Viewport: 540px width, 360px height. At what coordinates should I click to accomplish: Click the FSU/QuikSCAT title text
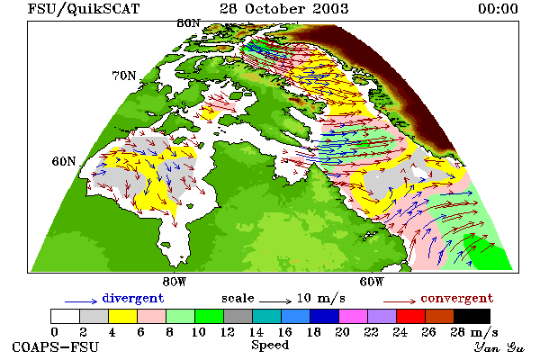click(84, 9)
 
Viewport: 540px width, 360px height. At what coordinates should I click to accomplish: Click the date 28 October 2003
click(284, 9)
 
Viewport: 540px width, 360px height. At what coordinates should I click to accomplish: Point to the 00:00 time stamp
click(498, 9)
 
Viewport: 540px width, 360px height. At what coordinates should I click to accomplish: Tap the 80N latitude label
click(188, 23)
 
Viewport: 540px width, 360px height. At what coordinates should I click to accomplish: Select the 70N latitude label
click(124, 76)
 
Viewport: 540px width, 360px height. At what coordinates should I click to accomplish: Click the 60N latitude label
click(64, 161)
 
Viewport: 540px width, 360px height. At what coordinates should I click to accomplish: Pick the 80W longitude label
click(175, 282)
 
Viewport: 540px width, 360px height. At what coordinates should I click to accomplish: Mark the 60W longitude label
click(372, 282)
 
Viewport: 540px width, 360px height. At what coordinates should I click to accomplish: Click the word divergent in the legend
click(133, 298)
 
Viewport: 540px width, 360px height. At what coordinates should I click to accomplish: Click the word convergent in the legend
click(457, 298)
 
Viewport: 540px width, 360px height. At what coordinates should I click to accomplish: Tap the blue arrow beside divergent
click(81, 301)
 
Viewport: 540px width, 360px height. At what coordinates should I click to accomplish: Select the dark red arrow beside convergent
click(400, 301)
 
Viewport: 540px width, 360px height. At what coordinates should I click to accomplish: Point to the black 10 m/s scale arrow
click(275, 301)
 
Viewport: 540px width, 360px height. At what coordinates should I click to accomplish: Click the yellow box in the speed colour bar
click(123, 316)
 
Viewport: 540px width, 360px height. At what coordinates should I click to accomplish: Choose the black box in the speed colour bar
click(472, 316)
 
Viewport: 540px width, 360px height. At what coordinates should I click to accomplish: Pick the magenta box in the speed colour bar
click(354, 316)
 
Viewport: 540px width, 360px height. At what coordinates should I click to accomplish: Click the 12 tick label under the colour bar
click(228, 332)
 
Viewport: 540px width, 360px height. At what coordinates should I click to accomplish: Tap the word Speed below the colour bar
click(270, 346)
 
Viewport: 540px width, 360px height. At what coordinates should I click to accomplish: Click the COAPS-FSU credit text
click(56, 346)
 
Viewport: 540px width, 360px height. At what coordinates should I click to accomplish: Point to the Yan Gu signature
click(499, 347)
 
